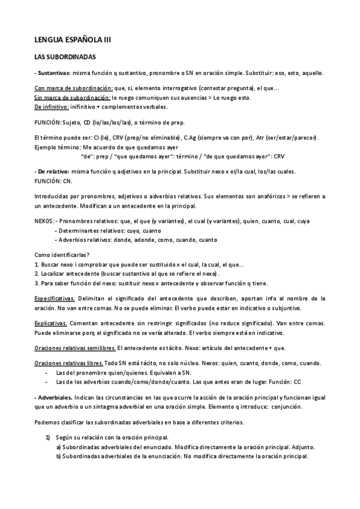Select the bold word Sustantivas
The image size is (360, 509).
point(53,73)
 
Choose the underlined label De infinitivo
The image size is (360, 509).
point(52,106)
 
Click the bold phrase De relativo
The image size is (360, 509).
point(53,172)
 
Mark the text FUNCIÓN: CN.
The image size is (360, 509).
point(53,180)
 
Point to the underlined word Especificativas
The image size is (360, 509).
point(54,298)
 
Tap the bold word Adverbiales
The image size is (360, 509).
point(55,397)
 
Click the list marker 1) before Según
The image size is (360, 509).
point(50,438)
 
